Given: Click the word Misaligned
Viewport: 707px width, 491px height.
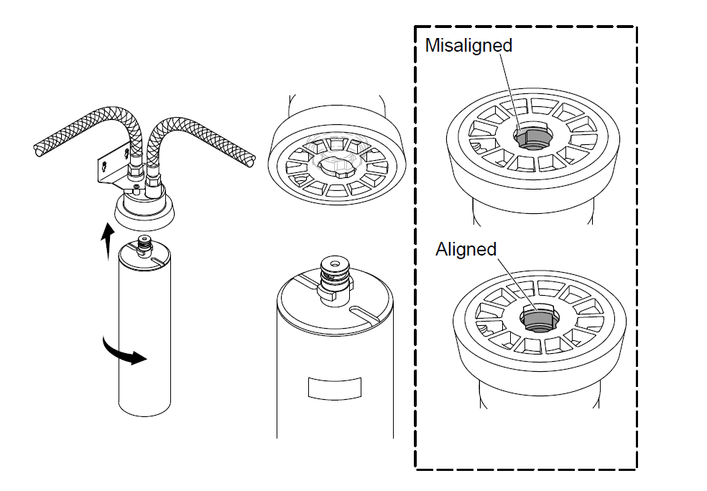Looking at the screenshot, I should [468, 45].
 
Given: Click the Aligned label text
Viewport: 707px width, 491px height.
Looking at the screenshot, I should [466, 249].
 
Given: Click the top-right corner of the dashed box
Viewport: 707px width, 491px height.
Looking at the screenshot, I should [635, 28].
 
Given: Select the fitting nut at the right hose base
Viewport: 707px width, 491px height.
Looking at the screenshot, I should [154, 189].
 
